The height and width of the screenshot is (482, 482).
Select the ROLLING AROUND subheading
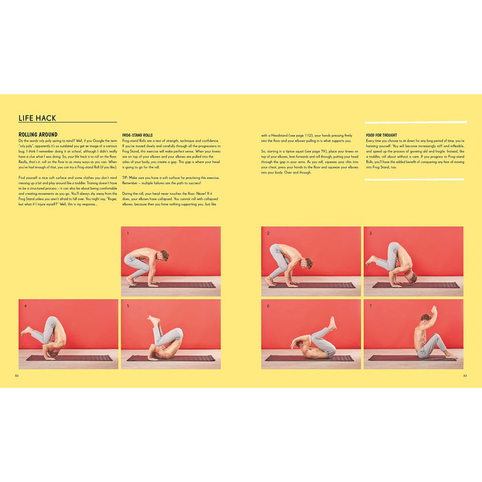coord(38,135)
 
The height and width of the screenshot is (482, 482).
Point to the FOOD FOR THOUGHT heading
coord(380,135)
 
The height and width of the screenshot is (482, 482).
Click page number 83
coord(465,375)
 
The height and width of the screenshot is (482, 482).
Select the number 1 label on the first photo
coord(127,233)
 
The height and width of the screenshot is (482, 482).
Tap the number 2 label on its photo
coord(268,233)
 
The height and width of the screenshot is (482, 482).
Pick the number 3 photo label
coord(370,233)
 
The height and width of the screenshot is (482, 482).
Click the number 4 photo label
coord(25,306)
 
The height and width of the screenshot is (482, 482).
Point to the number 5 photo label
coord(127,306)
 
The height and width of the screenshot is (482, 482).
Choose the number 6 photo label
coord(268,306)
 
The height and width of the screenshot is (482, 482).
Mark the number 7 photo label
coord(370,306)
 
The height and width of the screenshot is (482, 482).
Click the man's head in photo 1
coord(163,255)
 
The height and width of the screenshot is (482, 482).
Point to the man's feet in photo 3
coord(372,260)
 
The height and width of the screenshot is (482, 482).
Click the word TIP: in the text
coord(125,177)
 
